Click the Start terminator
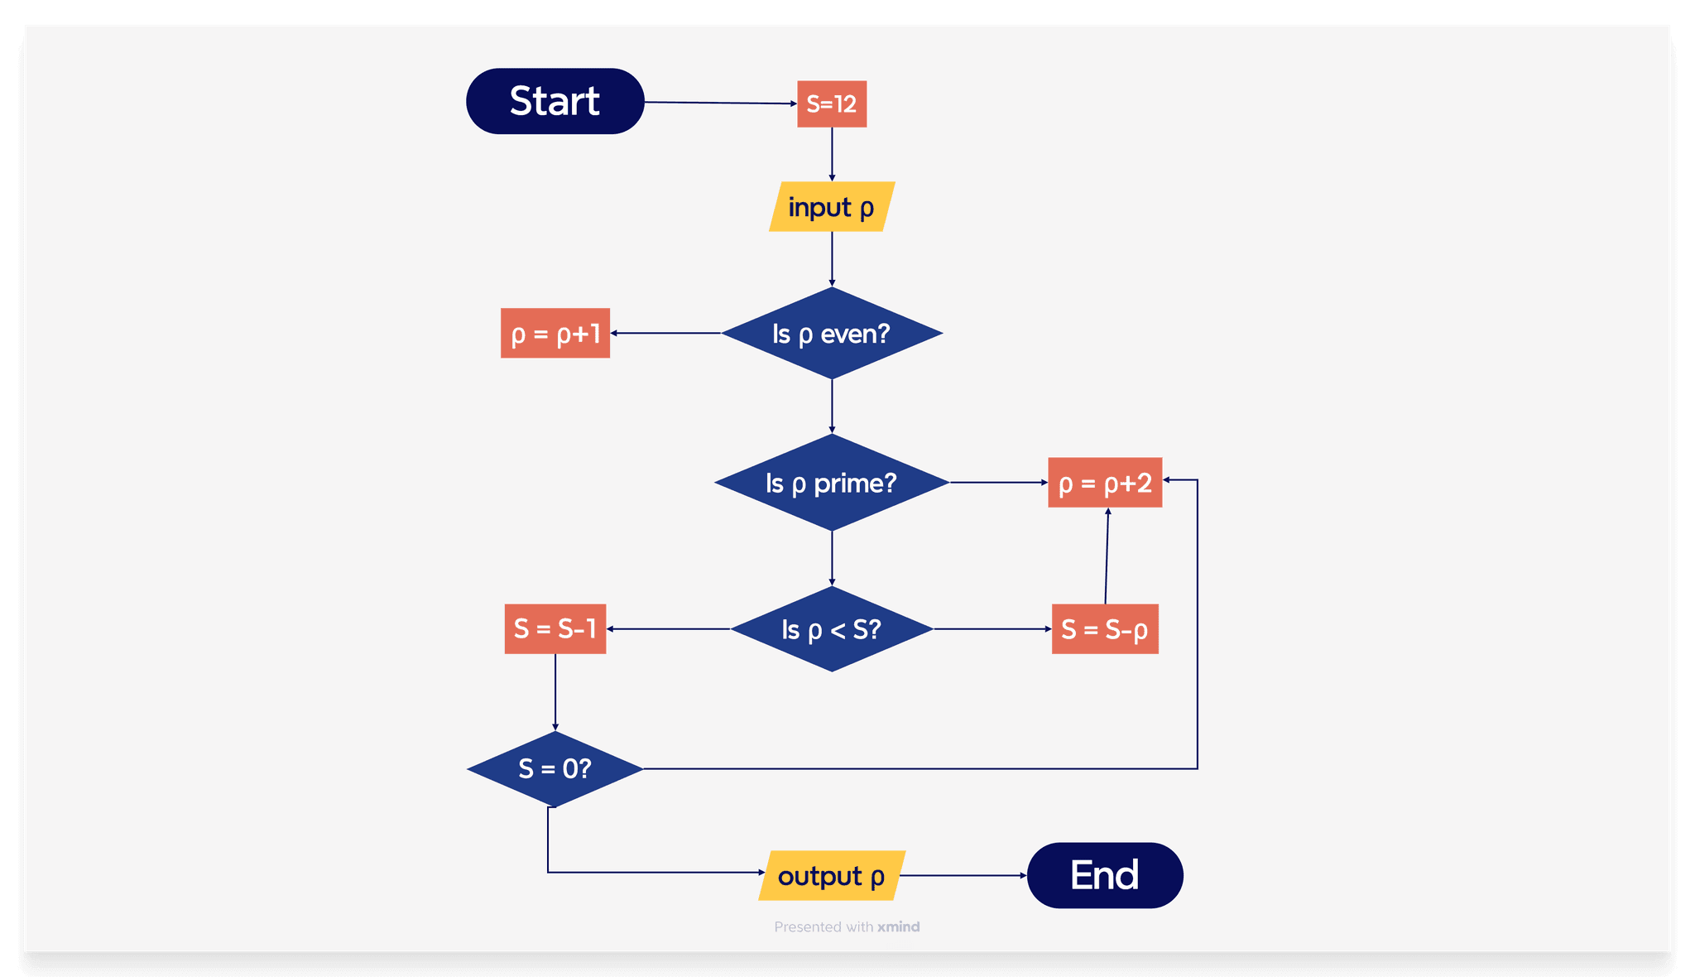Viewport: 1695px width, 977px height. point(555,101)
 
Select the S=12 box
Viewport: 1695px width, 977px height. point(832,104)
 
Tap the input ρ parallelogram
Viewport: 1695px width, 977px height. point(832,207)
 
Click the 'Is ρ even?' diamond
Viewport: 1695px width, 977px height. point(832,334)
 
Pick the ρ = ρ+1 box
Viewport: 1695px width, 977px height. point(555,334)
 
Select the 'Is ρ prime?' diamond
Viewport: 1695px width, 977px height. point(832,483)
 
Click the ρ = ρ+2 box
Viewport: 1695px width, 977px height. point(1105,483)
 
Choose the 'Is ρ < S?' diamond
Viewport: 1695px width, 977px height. point(832,629)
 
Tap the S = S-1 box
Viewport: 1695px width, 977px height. point(555,629)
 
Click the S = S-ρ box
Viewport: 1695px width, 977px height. point(1105,629)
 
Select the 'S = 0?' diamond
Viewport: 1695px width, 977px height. point(555,769)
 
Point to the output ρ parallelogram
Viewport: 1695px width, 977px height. point(832,876)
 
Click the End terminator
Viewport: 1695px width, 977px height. point(1105,876)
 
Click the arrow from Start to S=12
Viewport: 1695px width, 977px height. point(720,103)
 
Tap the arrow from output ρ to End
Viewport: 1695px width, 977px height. point(964,875)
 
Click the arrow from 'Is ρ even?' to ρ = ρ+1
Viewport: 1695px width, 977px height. point(666,333)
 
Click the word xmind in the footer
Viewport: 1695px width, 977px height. point(899,926)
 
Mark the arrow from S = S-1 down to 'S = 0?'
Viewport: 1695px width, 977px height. point(555,692)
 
